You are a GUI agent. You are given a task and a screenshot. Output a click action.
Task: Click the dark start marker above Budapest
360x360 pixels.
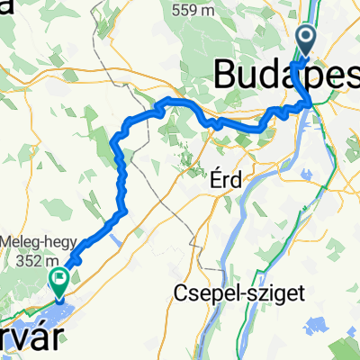click(307, 39)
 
